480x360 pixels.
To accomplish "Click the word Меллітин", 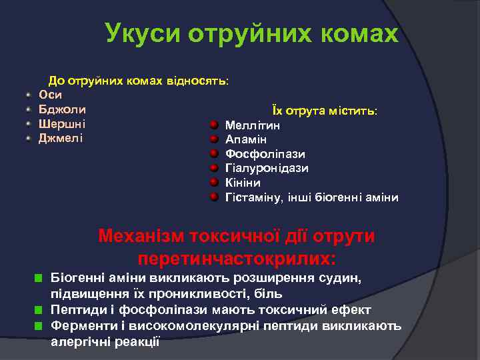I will coord(253,125).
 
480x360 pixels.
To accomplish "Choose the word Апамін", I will coord(246,139).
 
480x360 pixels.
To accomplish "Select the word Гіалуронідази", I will coord(267,168).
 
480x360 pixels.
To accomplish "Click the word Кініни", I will coord(243,183).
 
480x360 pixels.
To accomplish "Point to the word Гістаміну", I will coord(254,197).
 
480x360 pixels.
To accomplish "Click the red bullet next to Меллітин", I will coord(213,125).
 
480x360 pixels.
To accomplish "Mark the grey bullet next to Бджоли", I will coord(28,109).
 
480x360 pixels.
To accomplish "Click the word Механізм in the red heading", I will coord(141,237).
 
